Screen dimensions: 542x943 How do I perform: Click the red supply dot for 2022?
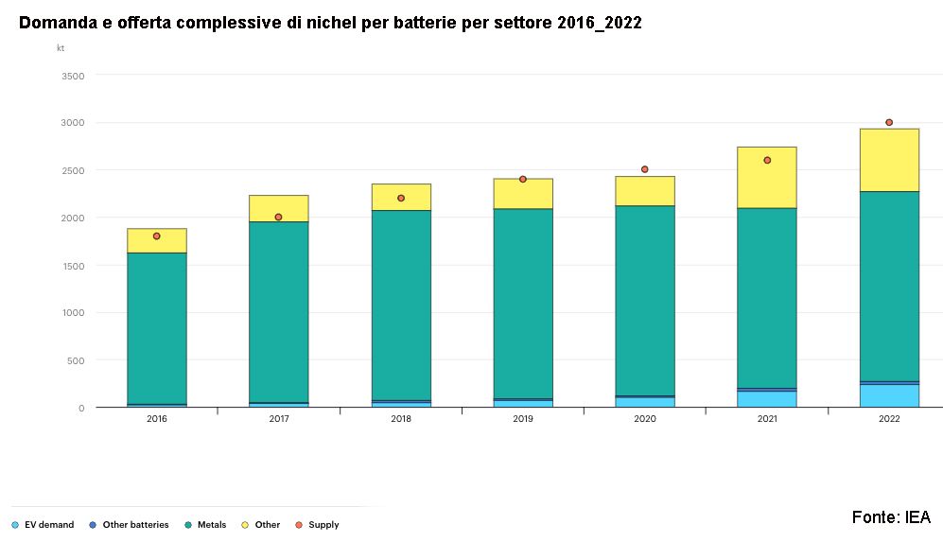point(889,122)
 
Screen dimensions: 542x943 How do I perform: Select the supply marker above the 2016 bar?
point(156,236)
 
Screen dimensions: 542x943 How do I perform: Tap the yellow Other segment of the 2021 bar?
point(767,178)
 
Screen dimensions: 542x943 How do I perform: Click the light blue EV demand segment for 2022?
point(889,395)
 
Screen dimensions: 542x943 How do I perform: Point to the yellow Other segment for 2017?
point(279,208)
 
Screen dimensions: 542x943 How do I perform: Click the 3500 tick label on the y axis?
point(73,76)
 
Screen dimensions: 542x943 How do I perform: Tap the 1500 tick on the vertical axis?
point(73,266)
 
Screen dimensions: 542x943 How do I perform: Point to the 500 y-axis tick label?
point(76,360)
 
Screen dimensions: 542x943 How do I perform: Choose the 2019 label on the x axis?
point(523,418)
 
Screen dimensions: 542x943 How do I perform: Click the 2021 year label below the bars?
point(767,418)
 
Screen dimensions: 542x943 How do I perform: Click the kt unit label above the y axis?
point(61,47)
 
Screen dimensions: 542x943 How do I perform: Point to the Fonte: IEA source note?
point(891,517)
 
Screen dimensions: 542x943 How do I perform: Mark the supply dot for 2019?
point(523,179)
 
